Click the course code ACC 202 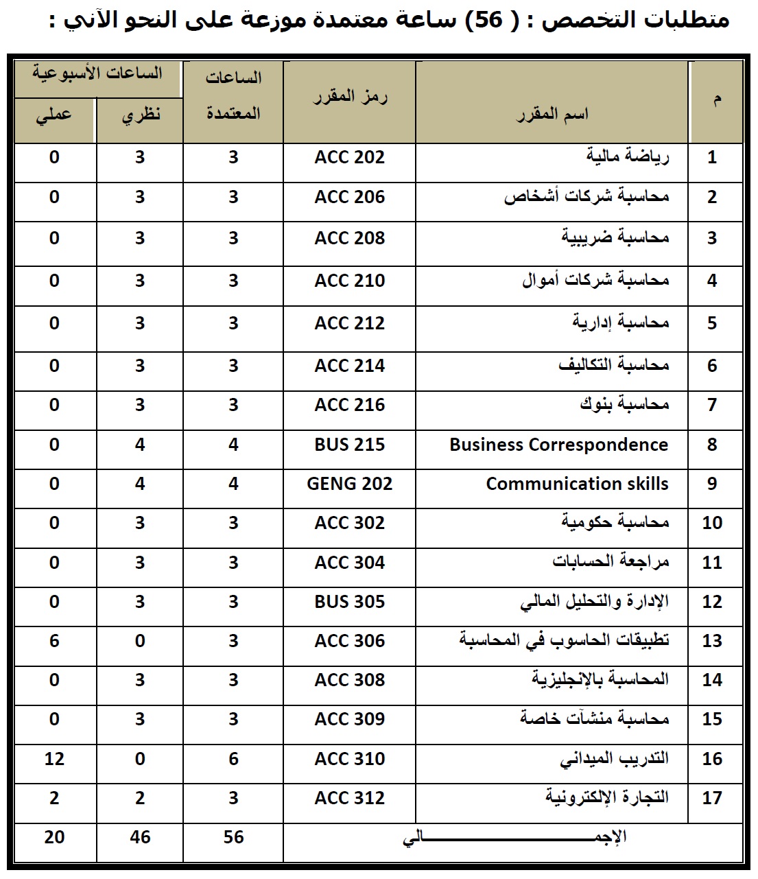349,158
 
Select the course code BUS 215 349,445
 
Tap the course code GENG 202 349,484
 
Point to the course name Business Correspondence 558,445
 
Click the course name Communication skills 577,484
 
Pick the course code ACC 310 349,759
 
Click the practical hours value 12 54,759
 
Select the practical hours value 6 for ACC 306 54,641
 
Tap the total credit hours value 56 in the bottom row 233,837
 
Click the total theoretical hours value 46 140,837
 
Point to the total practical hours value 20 54,837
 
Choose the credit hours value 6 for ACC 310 233,759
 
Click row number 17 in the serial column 712,798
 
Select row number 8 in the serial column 712,445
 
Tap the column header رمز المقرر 350,97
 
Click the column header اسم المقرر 552,114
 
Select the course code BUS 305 349,602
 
